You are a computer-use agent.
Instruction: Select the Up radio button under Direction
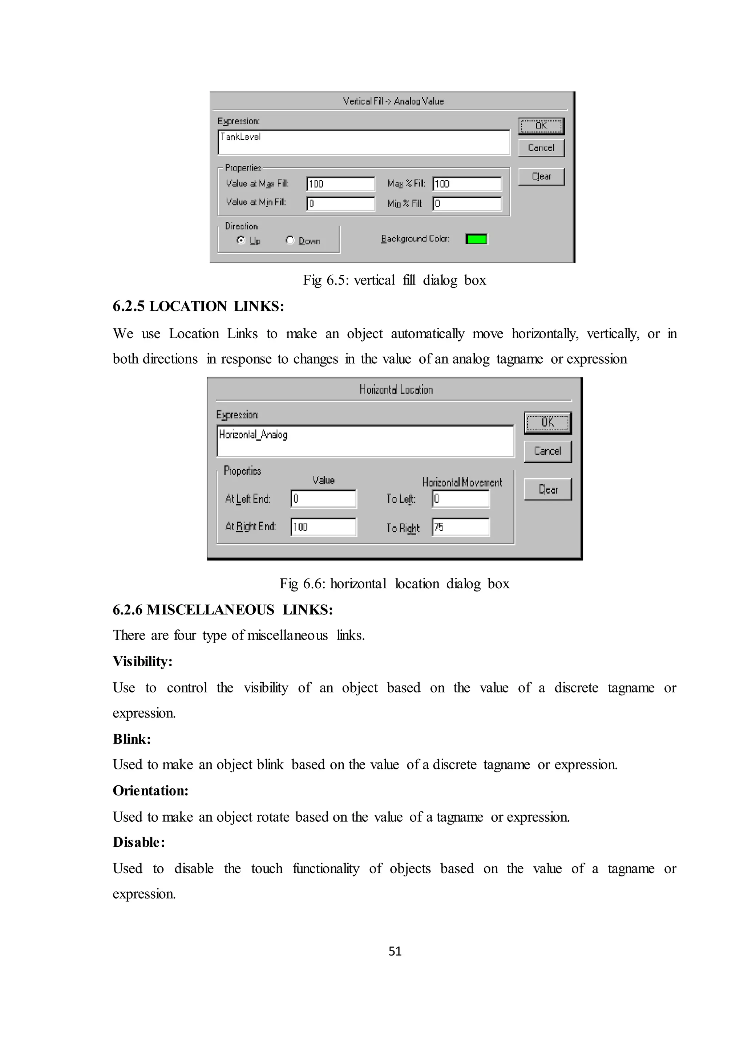click(241, 240)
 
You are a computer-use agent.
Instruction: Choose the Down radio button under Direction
click(290, 240)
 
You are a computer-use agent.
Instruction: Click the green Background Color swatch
click(476, 239)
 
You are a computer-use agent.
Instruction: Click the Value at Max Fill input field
click(340, 184)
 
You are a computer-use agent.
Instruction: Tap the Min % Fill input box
click(467, 204)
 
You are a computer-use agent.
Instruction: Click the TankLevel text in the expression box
click(240, 137)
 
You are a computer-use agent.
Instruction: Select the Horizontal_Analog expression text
click(253, 434)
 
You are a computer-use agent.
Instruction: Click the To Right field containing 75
click(460, 527)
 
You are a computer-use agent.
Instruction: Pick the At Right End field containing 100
click(323, 527)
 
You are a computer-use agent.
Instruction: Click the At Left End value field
click(323, 499)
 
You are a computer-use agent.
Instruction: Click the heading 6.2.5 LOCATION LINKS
click(198, 306)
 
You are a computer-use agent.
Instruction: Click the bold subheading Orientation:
click(151, 790)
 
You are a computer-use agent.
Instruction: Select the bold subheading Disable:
click(139, 842)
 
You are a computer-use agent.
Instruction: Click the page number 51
click(395, 951)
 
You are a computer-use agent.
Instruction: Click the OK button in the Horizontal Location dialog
click(547, 422)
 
